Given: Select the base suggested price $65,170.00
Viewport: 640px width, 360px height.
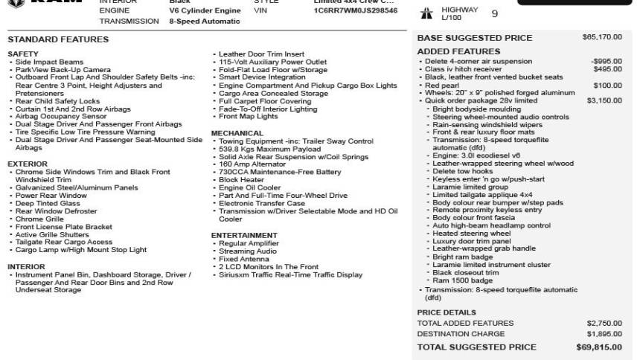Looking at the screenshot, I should [x=602, y=36].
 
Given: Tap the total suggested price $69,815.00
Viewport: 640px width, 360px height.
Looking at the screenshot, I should [x=598, y=347].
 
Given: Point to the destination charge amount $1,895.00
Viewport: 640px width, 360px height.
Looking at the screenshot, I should [x=604, y=334].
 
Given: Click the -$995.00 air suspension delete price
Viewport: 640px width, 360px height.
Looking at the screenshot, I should [x=606, y=61].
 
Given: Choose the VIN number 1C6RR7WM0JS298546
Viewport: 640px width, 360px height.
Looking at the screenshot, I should [x=355, y=10].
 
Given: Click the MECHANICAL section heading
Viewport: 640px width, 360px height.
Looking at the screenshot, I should [x=237, y=133].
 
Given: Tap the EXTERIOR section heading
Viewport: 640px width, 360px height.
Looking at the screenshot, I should [x=28, y=164].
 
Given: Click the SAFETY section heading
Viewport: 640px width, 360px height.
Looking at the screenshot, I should [x=22, y=54].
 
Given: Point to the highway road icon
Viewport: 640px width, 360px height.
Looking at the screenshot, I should [x=427, y=13].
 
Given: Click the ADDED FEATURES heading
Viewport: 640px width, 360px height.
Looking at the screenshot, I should [x=458, y=51].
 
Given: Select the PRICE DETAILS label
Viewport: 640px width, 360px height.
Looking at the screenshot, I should [x=447, y=312].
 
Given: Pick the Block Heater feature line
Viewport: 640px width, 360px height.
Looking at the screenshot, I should [x=241, y=180].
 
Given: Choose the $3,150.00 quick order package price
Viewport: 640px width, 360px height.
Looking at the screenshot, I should [x=604, y=100].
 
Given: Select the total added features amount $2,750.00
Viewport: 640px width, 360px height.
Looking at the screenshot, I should [x=604, y=324].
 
